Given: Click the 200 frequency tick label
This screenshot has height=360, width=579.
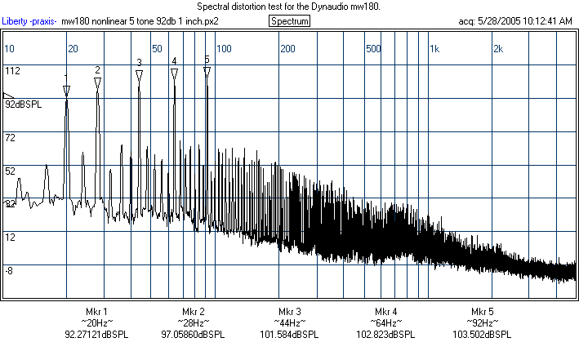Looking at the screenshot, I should (x=287, y=49).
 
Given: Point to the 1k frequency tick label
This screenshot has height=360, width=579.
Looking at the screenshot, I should (x=434, y=49).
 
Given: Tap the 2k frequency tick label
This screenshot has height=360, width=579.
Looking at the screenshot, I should (x=497, y=49).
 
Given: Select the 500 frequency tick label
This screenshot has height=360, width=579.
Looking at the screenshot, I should (x=373, y=49).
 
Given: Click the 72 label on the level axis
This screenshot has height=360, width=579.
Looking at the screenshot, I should (x=11, y=138).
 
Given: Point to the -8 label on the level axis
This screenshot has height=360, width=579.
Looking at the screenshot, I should (x=10, y=270).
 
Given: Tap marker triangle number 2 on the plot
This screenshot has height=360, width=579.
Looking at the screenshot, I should (x=97, y=82).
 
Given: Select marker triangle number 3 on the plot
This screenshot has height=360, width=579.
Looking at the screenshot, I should (x=139, y=74).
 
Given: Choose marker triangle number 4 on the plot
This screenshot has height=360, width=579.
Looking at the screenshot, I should (x=174, y=73).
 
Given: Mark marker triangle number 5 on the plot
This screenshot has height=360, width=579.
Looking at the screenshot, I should (x=207, y=72).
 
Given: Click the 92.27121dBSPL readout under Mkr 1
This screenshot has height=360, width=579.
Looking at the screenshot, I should (x=96, y=335).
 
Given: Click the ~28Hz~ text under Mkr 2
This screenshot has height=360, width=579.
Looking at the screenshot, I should (x=194, y=323).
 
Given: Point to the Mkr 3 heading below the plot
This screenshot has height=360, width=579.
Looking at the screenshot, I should (x=289, y=312).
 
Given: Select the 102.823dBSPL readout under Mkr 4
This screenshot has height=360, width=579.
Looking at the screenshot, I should (x=386, y=335).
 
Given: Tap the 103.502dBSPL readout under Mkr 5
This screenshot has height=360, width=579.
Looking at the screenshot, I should (x=483, y=335).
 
